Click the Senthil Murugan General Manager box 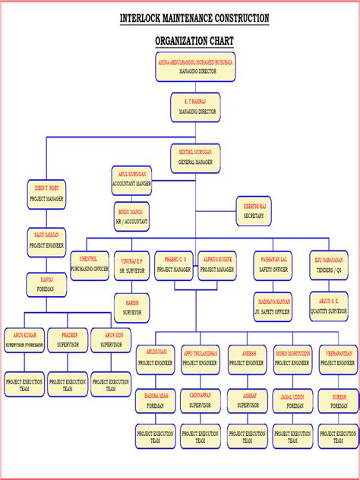[195, 157]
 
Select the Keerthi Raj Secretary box [254, 211]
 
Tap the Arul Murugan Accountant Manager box [131, 179]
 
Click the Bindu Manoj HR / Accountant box [131, 216]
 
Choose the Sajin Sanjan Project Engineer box [46, 241]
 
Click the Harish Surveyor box [132, 305]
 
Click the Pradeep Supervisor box [69, 339]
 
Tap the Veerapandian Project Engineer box [338, 358]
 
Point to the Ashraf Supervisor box [248, 400]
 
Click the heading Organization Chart [194, 41]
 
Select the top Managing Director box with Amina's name [195, 65]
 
